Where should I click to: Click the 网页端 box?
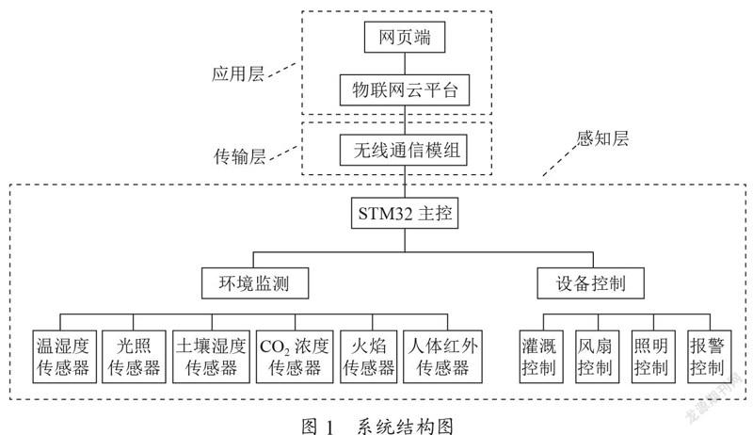(405, 37)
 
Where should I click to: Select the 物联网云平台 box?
(405, 89)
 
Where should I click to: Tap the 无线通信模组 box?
(404, 151)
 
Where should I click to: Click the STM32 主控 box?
(405, 213)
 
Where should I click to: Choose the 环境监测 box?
(254, 283)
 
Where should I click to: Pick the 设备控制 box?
(590, 283)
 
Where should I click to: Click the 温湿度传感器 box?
(64, 356)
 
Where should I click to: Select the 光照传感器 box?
(134, 356)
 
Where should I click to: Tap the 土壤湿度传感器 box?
(211, 356)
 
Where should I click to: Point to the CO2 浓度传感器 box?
(295, 356)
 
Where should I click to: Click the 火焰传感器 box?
(368, 356)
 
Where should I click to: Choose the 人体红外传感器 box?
(442, 356)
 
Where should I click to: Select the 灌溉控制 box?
(541, 356)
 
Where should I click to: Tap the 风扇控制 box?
(597, 356)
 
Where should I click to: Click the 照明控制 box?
(653, 356)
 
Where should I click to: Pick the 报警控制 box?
(710, 356)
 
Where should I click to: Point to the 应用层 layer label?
(238, 74)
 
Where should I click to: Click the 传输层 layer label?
(240, 156)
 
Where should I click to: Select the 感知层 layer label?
(602, 138)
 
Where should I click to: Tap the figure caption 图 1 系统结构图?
(377, 426)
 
